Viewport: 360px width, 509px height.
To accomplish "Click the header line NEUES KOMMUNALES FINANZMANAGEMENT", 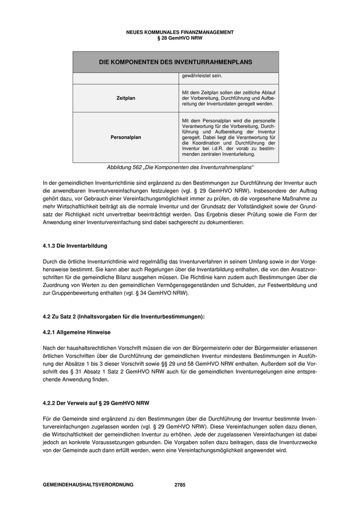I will [x=179, y=32].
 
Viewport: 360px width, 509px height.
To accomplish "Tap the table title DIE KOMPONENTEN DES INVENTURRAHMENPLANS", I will [x=175, y=62].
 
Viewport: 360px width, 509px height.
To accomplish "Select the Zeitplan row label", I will [x=126, y=98].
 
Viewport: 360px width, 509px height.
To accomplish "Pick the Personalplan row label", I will [x=126, y=137].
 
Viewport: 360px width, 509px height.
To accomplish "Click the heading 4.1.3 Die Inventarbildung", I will [x=75, y=246].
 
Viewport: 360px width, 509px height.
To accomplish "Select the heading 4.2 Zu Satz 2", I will [x=123, y=316].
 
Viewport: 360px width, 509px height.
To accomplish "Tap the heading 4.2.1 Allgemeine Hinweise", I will [x=77, y=333].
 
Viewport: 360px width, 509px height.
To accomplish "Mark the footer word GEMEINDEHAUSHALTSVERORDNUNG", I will [x=88, y=485].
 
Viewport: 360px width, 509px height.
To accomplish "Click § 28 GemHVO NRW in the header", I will [x=179, y=38].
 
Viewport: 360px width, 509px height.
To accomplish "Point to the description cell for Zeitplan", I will [x=228, y=98].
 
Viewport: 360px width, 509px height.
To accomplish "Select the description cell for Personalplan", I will [x=228, y=137].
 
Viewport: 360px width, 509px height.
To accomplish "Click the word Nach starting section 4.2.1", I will [x=49, y=348].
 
